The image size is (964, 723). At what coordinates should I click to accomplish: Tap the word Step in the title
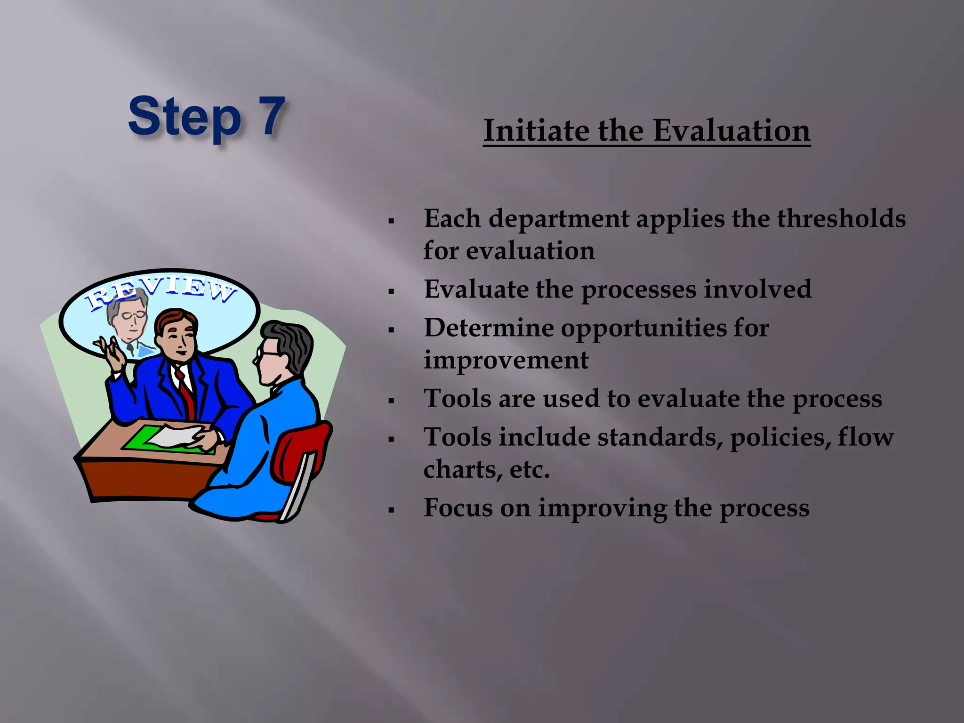click(185, 118)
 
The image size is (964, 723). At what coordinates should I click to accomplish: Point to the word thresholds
click(841, 218)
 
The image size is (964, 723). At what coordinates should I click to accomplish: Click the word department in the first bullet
click(558, 219)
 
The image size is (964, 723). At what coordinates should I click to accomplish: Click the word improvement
click(506, 360)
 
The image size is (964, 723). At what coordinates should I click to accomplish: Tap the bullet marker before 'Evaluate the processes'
click(391, 291)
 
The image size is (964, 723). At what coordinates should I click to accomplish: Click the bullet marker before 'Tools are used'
click(391, 401)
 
